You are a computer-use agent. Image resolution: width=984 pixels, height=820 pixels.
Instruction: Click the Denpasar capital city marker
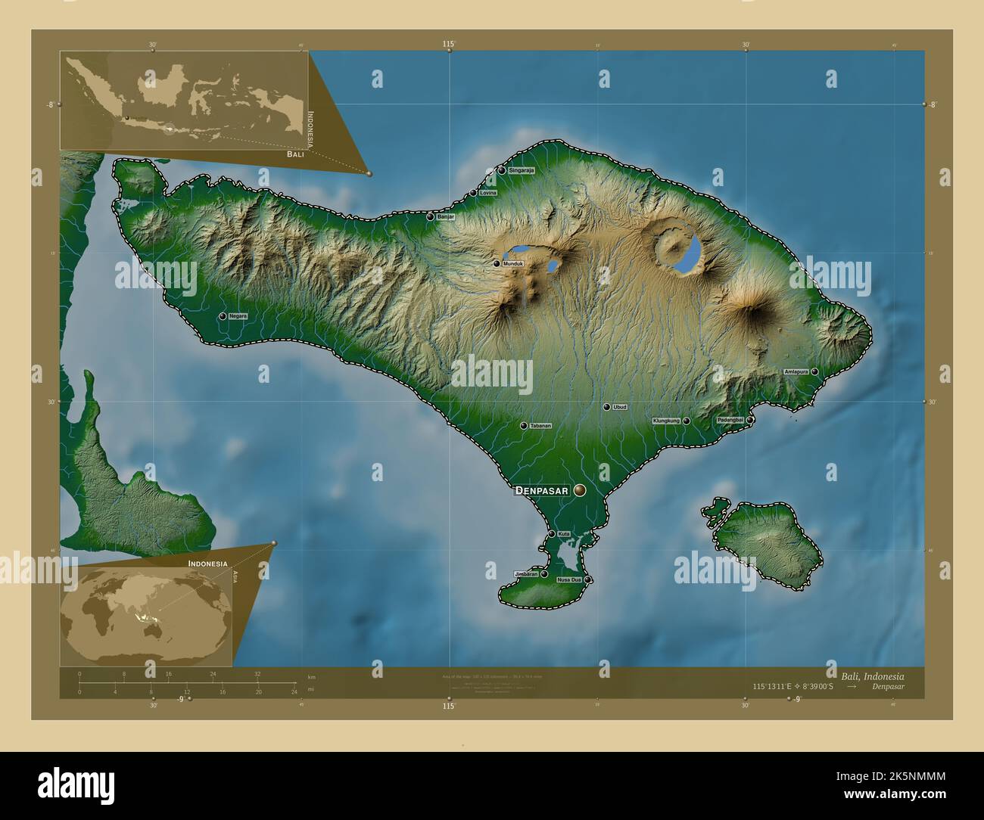(x=580, y=490)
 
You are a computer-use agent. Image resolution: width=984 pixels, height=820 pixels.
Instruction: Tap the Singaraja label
(x=522, y=171)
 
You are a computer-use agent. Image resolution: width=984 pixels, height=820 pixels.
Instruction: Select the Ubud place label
(x=620, y=407)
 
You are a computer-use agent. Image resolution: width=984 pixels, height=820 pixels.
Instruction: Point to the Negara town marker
(x=223, y=316)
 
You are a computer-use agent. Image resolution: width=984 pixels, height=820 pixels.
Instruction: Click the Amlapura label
(x=797, y=371)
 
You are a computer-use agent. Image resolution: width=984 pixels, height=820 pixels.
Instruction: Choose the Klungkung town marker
(x=686, y=421)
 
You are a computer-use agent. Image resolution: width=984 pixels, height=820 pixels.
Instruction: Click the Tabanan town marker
(x=523, y=426)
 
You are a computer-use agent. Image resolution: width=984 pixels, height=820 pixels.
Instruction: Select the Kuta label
(x=564, y=535)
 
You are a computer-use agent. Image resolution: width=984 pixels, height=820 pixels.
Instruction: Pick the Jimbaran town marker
(x=543, y=574)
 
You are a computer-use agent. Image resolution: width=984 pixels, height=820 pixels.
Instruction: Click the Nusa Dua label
(x=569, y=580)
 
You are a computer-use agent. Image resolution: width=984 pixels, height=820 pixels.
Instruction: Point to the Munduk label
(x=512, y=264)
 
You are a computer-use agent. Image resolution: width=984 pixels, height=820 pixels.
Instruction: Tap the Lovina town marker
(x=474, y=193)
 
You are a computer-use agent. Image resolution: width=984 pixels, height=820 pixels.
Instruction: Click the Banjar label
(x=445, y=217)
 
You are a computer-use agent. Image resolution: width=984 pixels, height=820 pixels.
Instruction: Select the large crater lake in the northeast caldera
(x=690, y=253)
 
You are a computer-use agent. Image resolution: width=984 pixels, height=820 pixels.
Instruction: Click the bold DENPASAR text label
(x=540, y=491)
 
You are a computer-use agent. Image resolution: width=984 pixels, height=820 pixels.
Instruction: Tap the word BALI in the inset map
(x=295, y=154)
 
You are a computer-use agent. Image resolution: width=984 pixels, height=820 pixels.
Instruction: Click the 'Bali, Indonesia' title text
(x=872, y=675)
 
